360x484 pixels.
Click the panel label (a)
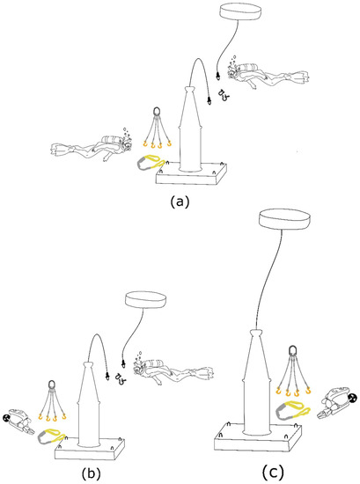click(180, 202)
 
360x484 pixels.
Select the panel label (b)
click(91, 473)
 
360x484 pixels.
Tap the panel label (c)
click(273, 472)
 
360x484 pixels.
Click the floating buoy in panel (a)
click(240, 12)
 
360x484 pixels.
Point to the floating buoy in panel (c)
click(284, 219)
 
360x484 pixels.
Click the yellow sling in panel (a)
click(149, 163)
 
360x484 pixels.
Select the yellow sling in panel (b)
click(51, 436)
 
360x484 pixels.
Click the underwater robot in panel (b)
click(18, 421)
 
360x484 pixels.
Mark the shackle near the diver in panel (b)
click(119, 378)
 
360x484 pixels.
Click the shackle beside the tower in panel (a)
click(224, 95)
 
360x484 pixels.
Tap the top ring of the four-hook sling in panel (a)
click(157, 111)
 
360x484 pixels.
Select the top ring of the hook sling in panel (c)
click(292, 351)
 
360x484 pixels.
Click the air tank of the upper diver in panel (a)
click(247, 67)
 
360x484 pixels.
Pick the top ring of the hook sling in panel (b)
click(52, 385)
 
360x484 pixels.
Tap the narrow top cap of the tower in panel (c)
click(256, 334)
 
